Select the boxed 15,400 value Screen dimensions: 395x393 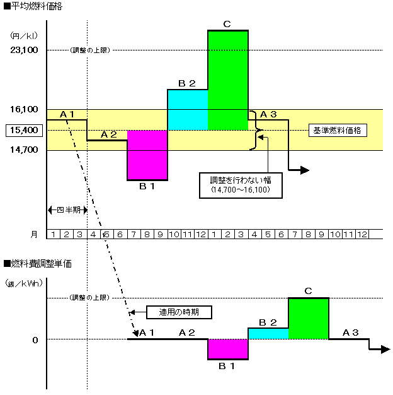pos(23,131)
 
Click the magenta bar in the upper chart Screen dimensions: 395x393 pos(147,155)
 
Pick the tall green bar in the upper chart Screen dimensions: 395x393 pos(227,80)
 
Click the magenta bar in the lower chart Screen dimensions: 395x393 pos(227,349)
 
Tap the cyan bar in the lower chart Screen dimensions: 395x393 pos(268,333)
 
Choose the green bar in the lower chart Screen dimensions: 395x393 pos(309,318)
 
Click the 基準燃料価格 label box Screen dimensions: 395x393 pos(337,131)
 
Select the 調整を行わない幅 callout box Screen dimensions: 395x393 pos(240,184)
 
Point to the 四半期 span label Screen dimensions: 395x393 pos(67,209)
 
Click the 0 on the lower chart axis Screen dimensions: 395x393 pos(35,340)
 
